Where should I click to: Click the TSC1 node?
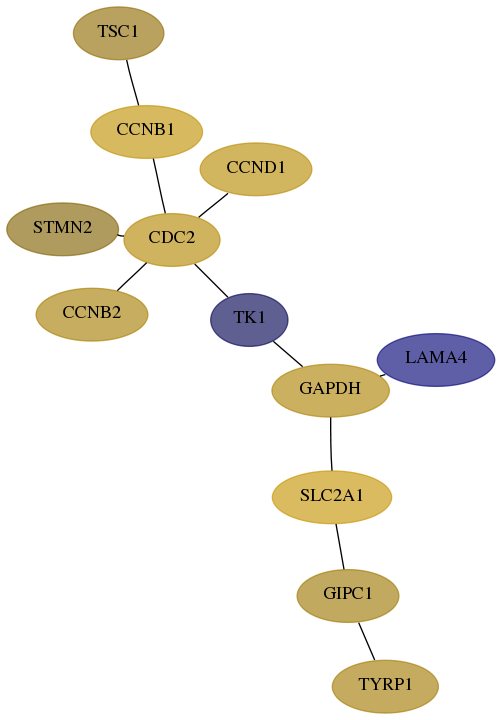[118, 33]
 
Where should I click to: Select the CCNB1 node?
[146, 132]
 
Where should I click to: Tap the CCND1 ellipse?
[256, 169]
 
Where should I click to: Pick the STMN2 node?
[62, 229]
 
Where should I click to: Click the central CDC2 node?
[172, 240]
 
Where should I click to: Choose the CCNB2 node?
[92, 315]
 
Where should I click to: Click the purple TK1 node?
[249, 320]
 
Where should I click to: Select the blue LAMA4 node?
[436, 360]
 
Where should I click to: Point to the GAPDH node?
[331, 390]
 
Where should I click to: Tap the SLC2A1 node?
[332, 497]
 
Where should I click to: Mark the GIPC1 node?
[348, 596]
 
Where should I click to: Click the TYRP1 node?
[385, 686]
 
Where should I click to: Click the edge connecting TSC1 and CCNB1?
[133, 83]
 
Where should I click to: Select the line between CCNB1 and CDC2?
[159, 186]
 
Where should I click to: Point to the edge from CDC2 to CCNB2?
[132, 277]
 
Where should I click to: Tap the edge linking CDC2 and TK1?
[211, 281]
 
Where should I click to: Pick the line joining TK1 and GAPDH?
[288, 354]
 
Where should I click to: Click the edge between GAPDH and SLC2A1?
[331, 444]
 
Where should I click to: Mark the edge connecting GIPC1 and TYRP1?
[367, 641]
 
